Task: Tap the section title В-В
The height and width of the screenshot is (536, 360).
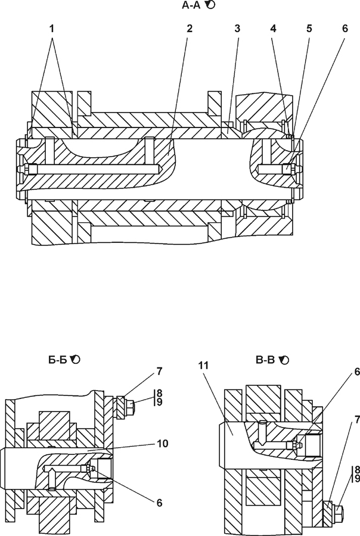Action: tap(265, 360)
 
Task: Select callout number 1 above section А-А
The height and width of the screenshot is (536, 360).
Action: tap(52, 29)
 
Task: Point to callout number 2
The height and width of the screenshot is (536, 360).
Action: tap(190, 29)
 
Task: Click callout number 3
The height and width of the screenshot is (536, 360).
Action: tap(237, 29)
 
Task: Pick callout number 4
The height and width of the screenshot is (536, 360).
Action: tap(273, 29)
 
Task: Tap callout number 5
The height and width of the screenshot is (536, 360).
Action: tap(309, 29)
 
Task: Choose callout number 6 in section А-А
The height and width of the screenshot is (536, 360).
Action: tap(345, 29)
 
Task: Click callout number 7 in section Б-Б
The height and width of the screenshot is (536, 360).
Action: tap(159, 372)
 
